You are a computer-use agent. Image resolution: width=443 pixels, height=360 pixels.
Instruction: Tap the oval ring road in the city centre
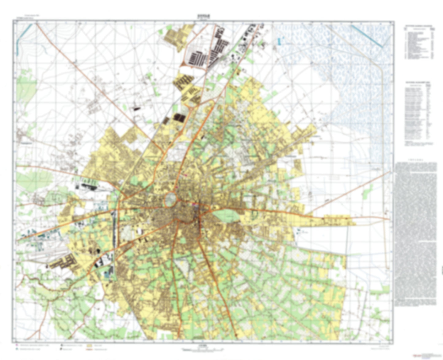pyautogui.click(x=170, y=200)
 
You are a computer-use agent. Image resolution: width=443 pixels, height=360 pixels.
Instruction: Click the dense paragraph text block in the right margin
pyautogui.click(x=416, y=233)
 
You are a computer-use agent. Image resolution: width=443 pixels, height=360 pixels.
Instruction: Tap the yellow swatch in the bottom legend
pyautogui.click(x=90, y=345)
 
